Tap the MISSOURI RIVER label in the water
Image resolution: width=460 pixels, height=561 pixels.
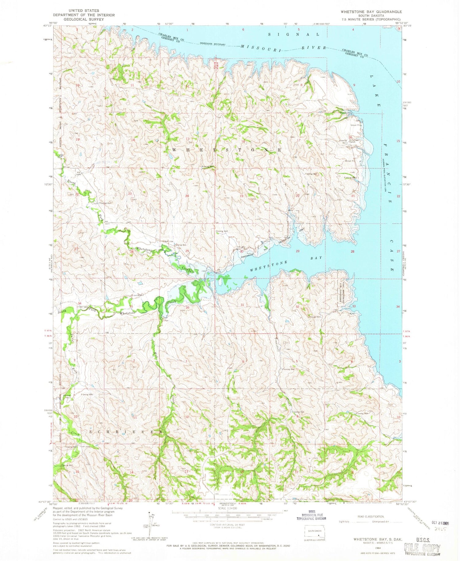tap(283, 47)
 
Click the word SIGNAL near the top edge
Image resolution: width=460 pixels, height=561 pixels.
tap(294, 34)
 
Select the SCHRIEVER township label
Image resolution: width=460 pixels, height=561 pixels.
tap(126, 431)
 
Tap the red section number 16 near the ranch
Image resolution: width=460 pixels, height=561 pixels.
tap(350, 138)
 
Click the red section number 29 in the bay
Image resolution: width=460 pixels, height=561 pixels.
tap(297, 251)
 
